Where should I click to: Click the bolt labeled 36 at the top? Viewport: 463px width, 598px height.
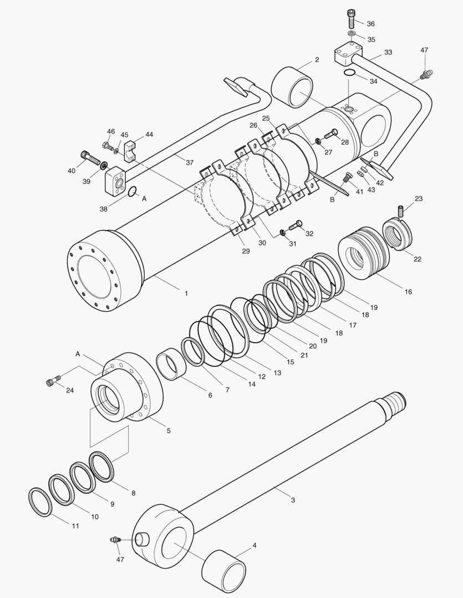351,19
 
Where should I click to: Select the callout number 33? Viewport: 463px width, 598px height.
388,52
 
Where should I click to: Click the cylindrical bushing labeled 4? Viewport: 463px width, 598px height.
223,570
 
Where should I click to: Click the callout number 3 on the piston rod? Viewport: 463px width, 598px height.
293,500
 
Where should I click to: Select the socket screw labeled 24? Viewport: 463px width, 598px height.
53,382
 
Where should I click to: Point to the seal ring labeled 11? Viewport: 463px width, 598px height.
40,501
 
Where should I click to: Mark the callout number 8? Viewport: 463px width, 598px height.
133,492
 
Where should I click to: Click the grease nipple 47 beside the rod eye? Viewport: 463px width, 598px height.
115,540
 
